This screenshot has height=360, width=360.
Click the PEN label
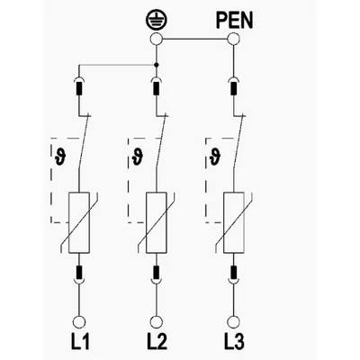click(234, 21)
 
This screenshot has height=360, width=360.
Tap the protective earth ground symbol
click(157, 21)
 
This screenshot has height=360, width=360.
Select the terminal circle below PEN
click(233, 39)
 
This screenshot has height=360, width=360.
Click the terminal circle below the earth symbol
click(156, 39)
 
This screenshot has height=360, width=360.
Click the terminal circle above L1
click(79, 322)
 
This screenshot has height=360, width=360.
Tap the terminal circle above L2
click(156, 322)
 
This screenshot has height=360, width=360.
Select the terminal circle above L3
click(233, 322)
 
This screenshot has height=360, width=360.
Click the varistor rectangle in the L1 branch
click(79, 222)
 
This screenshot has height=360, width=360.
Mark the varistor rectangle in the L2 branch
click(157, 222)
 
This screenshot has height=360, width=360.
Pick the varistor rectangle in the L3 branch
click(234, 222)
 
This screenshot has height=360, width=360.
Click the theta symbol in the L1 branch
click(60, 157)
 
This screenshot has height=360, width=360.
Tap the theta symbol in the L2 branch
click(138, 157)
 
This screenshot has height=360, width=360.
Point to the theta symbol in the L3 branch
click(215, 157)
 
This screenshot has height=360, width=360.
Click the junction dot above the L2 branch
click(156, 65)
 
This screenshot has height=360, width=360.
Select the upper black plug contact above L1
click(79, 89)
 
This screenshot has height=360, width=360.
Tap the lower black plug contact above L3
click(233, 272)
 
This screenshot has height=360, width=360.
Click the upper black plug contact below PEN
click(233, 89)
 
